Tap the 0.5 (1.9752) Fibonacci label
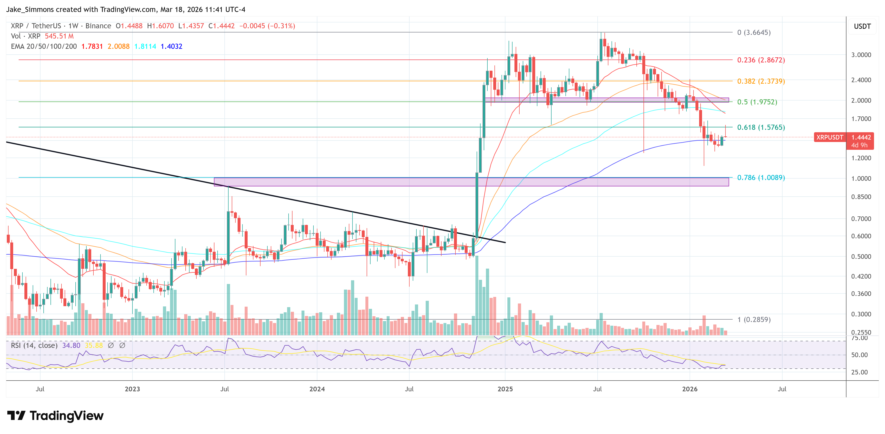[x=757, y=102]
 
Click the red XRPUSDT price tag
[x=829, y=137]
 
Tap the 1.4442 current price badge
[x=861, y=137]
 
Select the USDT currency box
[x=862, y=26]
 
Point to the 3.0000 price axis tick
[x=861, y=55]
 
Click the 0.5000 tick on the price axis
[x=861, y=257]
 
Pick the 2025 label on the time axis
[x=505, y=389]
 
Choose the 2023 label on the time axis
[x=132, y=389]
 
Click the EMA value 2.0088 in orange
[x=119, y=46]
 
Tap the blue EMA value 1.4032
[x=171, y=46]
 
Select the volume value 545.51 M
[x=59, y=36]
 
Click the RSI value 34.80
[x=71, y=345]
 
